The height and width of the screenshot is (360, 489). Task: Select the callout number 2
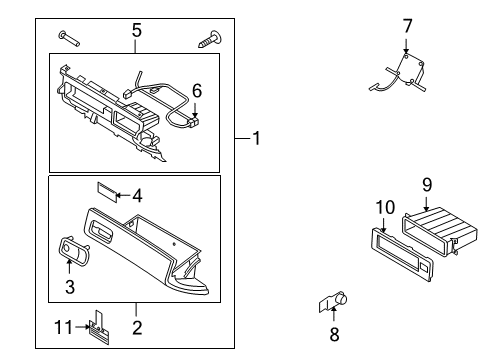136,325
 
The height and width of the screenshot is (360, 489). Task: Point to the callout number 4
138,195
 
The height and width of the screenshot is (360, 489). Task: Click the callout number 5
136,31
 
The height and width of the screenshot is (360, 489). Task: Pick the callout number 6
197,91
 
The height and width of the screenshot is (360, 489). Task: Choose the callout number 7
407,25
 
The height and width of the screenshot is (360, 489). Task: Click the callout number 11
61,325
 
